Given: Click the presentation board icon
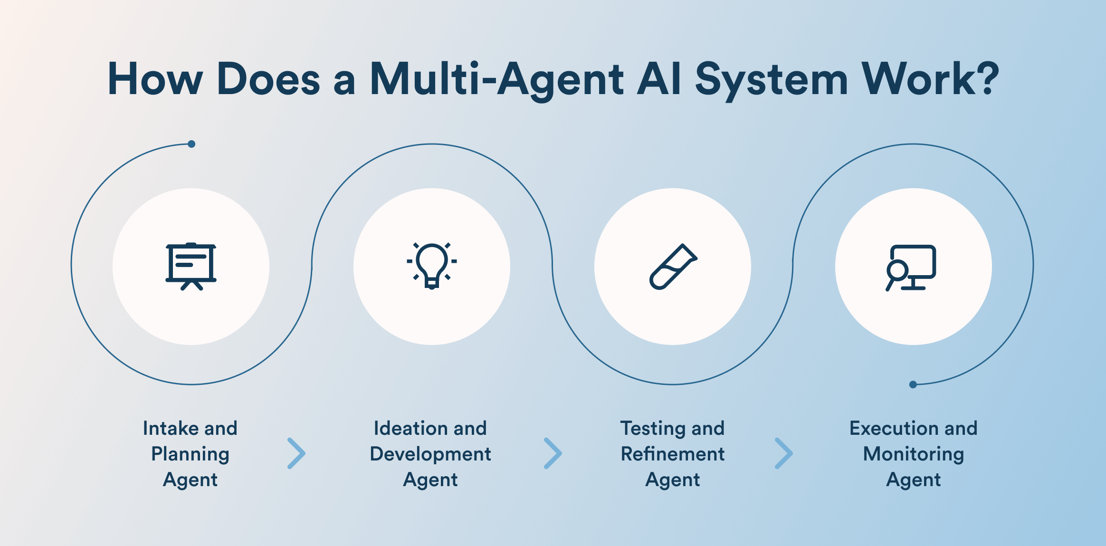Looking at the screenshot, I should tap(191, 266).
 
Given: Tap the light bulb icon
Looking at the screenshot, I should tap(431, 266).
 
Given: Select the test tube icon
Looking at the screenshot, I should tap(673, 266).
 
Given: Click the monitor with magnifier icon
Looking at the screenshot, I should tap(911, 267).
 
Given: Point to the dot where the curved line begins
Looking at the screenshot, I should tap(191, 144).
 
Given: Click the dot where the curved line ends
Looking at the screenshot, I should tap(913, 384).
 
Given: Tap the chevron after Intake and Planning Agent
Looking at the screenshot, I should tap(296, 453).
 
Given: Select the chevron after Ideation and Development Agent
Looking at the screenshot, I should tap(553, 453).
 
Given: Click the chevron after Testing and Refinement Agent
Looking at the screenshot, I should tap(783, 453).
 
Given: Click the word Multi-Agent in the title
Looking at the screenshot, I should tap(496, 79).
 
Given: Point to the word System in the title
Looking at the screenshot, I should tap(771, 79).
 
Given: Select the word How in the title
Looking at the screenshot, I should tap(155, 79).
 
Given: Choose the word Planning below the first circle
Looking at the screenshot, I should tap(191, 454).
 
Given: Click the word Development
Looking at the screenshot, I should tap(430, 454).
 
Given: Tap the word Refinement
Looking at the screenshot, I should tap(673, 454).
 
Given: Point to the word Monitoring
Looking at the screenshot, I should tap(913, 454).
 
